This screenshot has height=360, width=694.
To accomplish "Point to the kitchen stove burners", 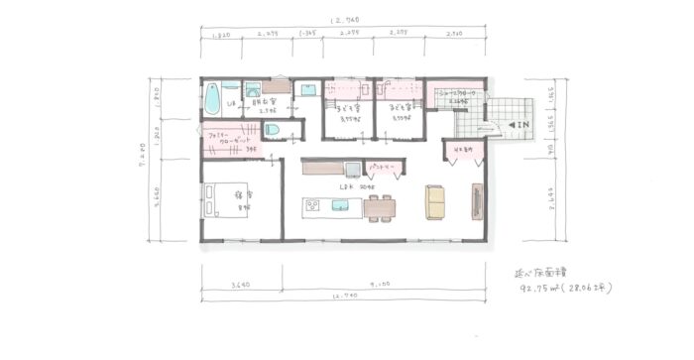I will pyautogui.click(x=311, y=206).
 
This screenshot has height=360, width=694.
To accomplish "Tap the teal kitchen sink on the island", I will pyautogui.click(x=339, y=205).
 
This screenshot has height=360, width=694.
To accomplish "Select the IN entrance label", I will pyautogui.click(x=520, y=126).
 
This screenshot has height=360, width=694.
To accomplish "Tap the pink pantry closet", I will pyautogui.click(x=383, y=166).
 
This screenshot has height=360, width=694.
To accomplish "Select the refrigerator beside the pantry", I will pyautogui.click(x=351, y=167).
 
